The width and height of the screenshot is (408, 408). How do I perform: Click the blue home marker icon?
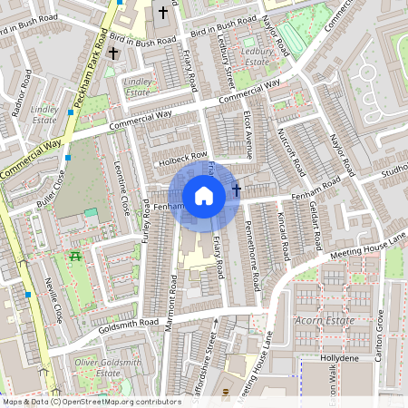pos(204,195)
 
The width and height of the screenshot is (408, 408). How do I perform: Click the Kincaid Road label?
pos(283,231)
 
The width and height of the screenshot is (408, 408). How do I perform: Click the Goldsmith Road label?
pos(131,323)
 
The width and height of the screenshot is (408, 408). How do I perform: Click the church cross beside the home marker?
pos(238,190)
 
